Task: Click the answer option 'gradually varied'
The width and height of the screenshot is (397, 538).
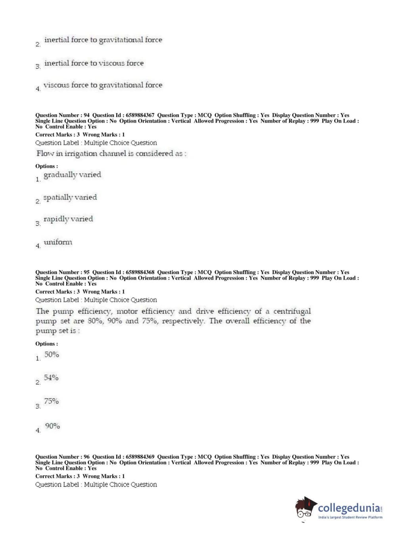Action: [x=72, y=175]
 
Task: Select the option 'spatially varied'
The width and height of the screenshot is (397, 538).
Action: [x=70, y=198]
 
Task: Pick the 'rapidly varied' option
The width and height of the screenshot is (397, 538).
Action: [x=68, y=219]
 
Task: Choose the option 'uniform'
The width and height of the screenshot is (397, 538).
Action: [x=58, y=242]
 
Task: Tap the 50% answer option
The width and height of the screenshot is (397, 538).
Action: [x=52, y=355]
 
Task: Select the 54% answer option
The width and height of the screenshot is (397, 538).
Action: [x=51, y=378]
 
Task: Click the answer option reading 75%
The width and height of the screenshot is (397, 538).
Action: [x=52, y=402]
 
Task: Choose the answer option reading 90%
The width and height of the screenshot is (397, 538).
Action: [x=52, y=426]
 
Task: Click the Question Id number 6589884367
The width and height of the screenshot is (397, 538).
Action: [x=140, y=115]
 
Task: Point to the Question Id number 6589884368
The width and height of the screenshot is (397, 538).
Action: [x=140, y=272]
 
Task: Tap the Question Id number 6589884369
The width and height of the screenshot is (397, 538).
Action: [x=140, y=457]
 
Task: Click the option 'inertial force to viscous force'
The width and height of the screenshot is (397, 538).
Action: [x=94, y=63]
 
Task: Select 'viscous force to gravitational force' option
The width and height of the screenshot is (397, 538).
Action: [x=103, y=85]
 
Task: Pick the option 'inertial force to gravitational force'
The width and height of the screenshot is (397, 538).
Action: [x=103, y=40]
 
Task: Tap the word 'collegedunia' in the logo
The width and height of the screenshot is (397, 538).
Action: [x=349, y=508]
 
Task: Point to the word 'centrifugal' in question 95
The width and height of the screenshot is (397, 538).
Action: [x=292, y=311]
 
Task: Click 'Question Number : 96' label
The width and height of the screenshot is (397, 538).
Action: [x=62, y=457]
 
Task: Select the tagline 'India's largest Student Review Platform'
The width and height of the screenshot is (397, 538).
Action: [x=350, y=517]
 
